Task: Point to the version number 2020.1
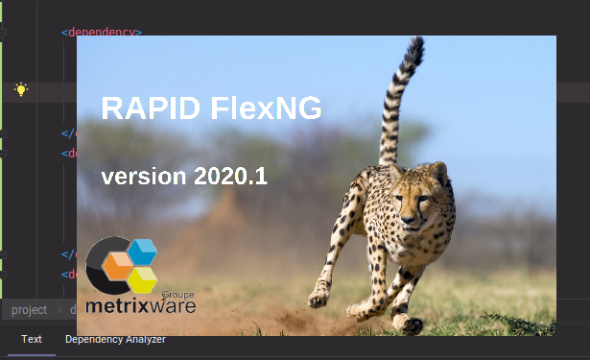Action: click(230, 177)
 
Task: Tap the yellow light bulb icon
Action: click(21, 90)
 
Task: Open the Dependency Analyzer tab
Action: click(115, 340)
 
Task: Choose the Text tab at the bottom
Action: click(32, 340)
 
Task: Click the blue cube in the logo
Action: click(142, 252)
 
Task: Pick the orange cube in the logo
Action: click(117, 265)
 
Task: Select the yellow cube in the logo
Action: click(143, 279)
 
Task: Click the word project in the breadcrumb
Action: click(29, 310)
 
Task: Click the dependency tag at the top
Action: click(102, 33)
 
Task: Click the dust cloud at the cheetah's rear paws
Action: click(288, 317)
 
